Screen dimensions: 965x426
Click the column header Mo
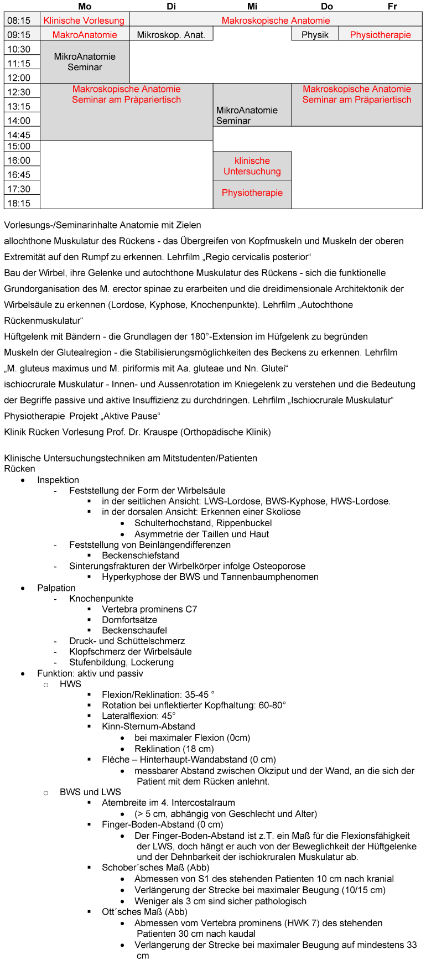85,6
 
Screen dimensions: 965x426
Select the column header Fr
392,6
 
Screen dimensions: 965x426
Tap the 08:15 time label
19,20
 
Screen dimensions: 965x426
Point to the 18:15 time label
19,203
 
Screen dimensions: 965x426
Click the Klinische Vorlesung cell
84,20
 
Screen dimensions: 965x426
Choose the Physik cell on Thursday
315,35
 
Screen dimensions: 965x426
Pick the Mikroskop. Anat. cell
171,35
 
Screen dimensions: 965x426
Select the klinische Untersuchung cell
252,166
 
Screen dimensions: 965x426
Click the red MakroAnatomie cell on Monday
85,35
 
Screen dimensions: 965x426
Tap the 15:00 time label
19,146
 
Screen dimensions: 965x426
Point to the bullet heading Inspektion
58,480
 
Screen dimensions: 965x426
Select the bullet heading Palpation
56,588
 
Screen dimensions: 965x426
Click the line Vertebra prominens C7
149,609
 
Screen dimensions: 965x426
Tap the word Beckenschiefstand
141,556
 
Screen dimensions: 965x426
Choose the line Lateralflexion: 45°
139,715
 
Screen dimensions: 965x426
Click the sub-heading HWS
70,684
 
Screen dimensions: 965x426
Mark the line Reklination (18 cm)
174,749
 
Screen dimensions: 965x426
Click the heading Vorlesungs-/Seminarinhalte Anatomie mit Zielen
102,225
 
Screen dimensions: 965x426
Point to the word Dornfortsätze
129,620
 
